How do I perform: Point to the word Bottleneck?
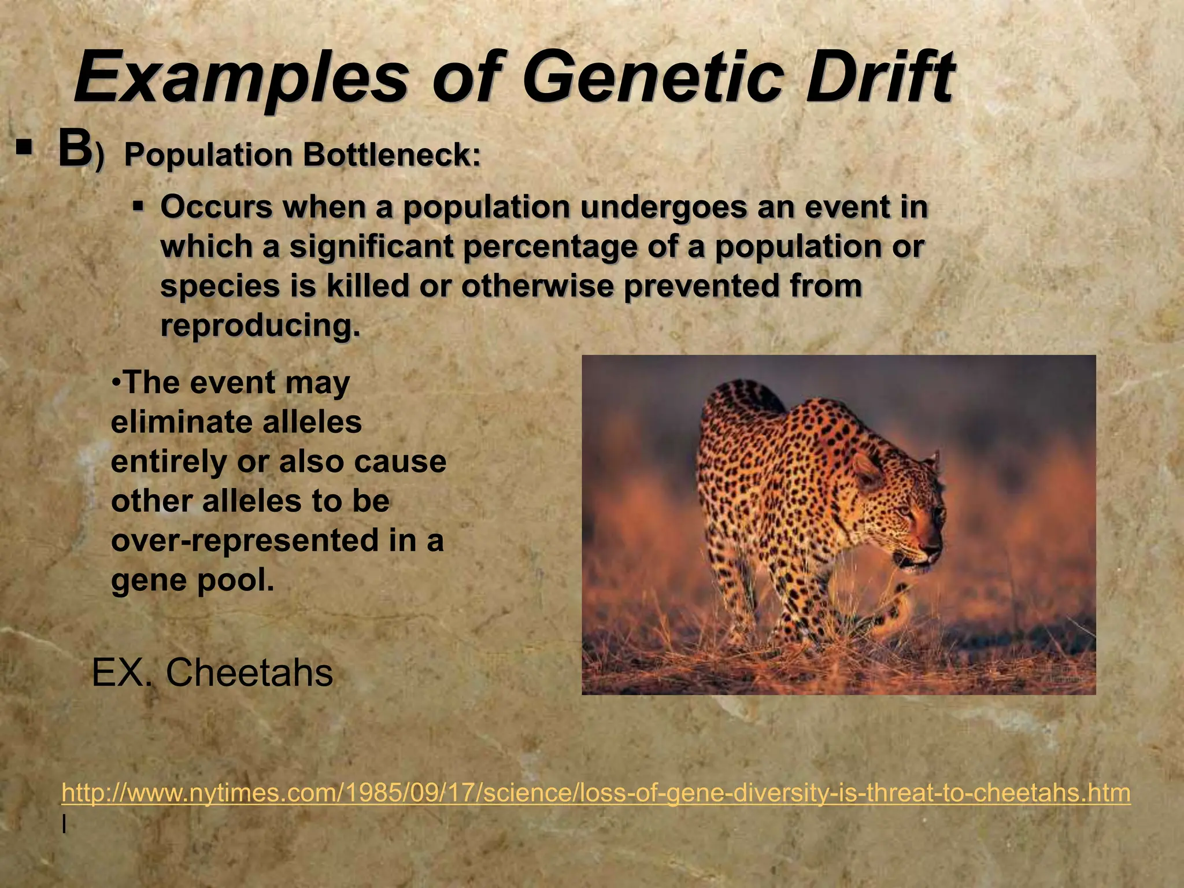coord(393,155)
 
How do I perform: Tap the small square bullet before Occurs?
coord(138,206)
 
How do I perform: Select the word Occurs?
coord(216,207)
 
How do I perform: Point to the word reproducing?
coord(260,325)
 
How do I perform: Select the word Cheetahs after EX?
coord(249,672)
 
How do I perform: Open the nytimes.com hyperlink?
coord(595,793)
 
